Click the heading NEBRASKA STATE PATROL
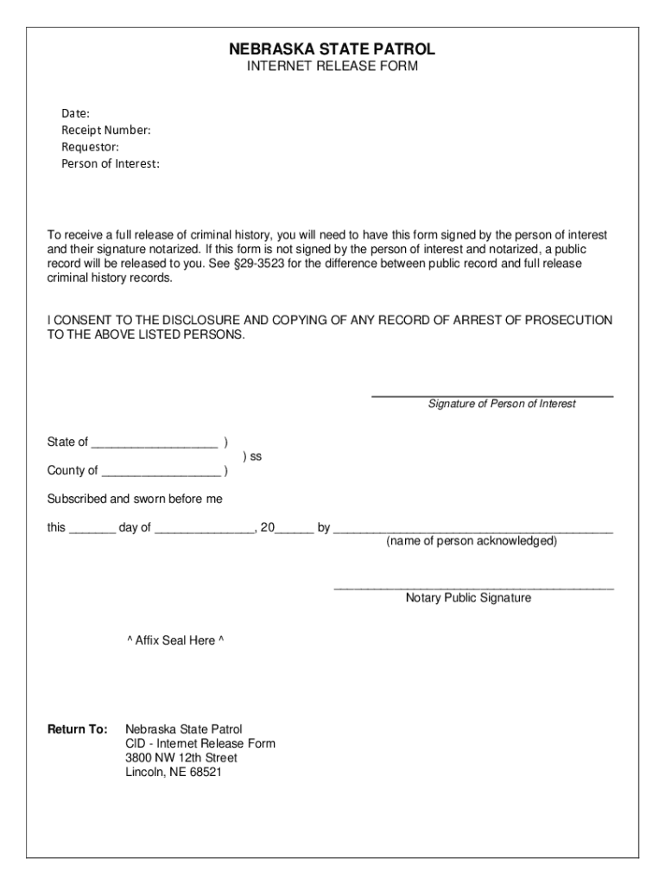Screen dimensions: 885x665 coord(332,49)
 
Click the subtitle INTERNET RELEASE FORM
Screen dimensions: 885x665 coord(332,67)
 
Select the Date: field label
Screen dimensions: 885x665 coord(75,113)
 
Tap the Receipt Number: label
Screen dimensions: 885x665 coord(105,131)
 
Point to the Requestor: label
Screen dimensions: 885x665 coord(90,147)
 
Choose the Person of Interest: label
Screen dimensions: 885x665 coord(111,164)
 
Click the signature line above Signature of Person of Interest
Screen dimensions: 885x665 coord(492,396)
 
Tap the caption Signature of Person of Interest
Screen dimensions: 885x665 coord(502,404)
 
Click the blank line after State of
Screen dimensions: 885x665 coord(155,444)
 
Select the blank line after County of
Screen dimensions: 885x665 coord(161,473)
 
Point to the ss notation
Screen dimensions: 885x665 coord(252,456)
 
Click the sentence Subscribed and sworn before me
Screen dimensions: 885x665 coord(135,500)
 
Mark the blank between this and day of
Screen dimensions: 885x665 coord(92,530)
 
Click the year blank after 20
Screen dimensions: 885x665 coord(295,530)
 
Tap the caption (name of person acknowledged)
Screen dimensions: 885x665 coord(472,542)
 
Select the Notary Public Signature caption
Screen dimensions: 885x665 coord(469,598)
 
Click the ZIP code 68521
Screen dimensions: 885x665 coord(206,773)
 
